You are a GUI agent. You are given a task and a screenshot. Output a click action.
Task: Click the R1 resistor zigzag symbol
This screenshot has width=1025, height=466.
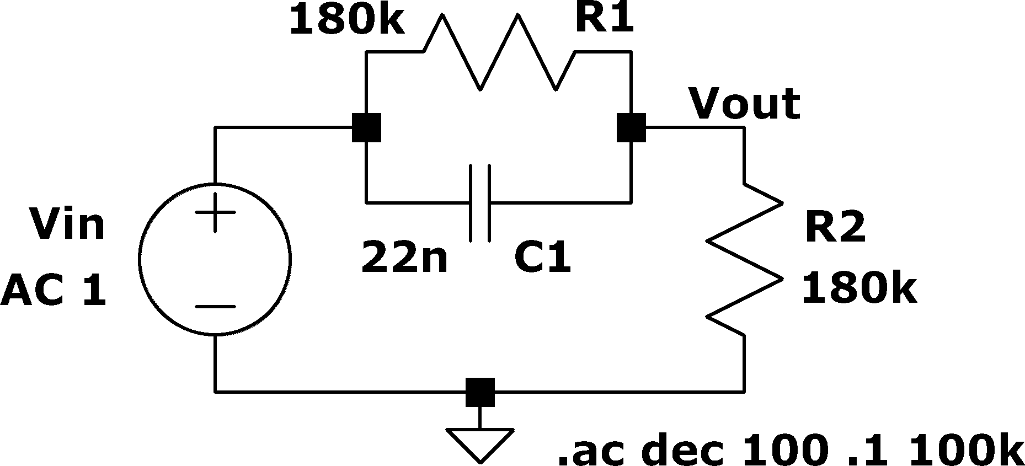499,52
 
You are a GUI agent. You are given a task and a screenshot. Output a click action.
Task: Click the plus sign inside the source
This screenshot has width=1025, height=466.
215,212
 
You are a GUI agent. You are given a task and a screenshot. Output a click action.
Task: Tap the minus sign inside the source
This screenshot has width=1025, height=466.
215,307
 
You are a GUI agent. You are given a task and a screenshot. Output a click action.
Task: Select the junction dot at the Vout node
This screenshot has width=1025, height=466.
631,128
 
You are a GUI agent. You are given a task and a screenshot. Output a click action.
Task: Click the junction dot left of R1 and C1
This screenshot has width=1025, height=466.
366,128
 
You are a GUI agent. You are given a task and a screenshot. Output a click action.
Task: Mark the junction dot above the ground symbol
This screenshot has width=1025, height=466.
480,392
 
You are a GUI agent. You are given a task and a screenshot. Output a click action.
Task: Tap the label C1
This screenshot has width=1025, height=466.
543,258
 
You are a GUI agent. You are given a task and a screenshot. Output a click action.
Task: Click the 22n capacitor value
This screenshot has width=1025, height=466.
404,258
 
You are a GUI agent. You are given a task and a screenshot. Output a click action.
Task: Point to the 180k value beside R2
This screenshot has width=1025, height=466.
859,288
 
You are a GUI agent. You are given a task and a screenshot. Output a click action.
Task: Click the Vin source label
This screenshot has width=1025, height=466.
67,224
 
